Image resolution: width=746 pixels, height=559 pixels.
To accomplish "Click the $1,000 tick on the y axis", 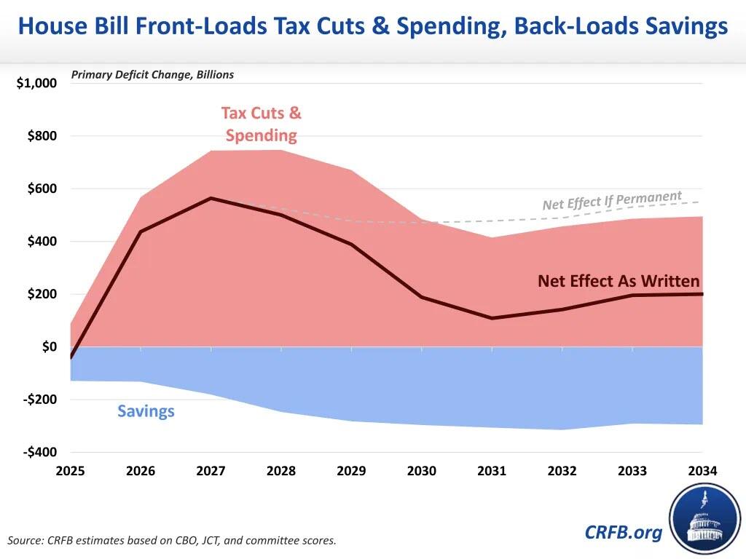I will coord(36,84).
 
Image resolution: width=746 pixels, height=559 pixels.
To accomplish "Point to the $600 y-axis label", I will coord(42,189).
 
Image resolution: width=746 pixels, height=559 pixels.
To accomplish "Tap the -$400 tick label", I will coord(39,453).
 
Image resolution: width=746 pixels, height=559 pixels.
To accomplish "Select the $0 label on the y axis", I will coord(48,347).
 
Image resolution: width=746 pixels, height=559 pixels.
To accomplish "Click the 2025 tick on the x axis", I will coord(71,471).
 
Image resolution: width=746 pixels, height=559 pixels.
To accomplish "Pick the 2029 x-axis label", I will coord(351,471).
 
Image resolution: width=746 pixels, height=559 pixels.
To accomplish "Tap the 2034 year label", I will coord(702,471).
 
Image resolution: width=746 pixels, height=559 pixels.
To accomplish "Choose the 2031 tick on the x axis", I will coord(492,471).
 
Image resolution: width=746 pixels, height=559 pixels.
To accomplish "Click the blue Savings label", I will coord(146,411).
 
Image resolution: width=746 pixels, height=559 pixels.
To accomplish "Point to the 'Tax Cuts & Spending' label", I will coord(261,124).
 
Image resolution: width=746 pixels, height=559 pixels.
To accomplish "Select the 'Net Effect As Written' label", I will coord(619,281).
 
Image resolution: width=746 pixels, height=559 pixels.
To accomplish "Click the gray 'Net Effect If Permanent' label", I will coord(612,200).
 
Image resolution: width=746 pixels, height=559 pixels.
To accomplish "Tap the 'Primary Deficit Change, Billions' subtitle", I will coord(152,75).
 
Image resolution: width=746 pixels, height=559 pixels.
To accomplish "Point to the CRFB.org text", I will coord(624,533).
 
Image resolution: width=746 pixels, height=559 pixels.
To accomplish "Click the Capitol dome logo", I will coord(704,518).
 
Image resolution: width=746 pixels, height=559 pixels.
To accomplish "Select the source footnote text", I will coord(172,540).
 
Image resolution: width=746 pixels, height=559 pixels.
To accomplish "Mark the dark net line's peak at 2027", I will coord(211,198).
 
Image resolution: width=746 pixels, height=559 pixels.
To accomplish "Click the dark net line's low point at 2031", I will coord(492,318).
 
